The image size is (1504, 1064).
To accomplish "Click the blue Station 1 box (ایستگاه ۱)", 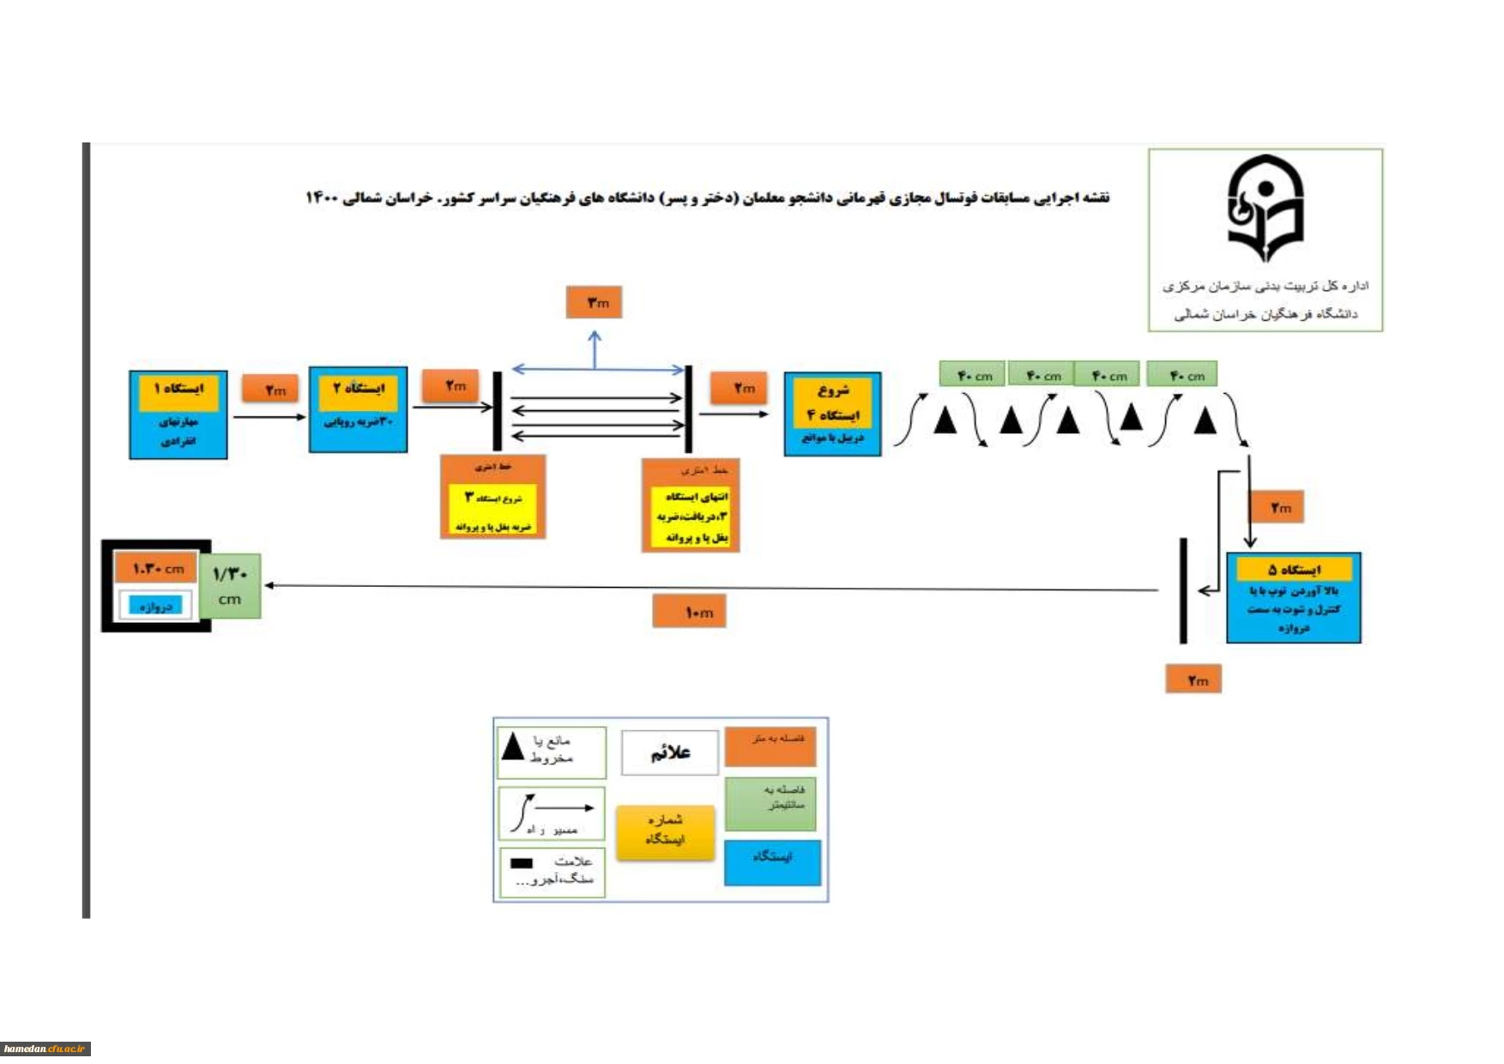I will (178, 415).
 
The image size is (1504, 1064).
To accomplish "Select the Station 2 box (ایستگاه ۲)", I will (358, 409).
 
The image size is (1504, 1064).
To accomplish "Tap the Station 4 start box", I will (831, 414).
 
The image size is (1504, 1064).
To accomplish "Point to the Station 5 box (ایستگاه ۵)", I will (1293, 598).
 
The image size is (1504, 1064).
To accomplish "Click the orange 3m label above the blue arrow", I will (594, 302).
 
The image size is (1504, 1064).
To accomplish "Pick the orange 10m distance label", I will (689, 612).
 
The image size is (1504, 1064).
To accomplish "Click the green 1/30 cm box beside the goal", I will (230, 586).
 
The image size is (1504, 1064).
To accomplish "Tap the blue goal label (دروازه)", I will (155, 606).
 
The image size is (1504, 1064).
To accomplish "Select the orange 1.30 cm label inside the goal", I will (157, 568).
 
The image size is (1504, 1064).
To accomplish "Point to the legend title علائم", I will (670, 753).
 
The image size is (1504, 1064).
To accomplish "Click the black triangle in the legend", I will (513, 746).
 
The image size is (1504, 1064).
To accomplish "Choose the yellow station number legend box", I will (665, 831).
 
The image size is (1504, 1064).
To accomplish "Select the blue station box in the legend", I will (772, 861).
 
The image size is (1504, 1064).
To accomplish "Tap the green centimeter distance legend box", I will (770, 804).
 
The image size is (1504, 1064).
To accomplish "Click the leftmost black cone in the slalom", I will (945, 420).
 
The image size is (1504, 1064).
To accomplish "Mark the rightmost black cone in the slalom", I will (1205, 420).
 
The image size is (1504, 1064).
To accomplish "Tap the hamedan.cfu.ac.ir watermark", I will (45, 1049).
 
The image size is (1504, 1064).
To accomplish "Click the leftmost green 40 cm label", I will (972, 375).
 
